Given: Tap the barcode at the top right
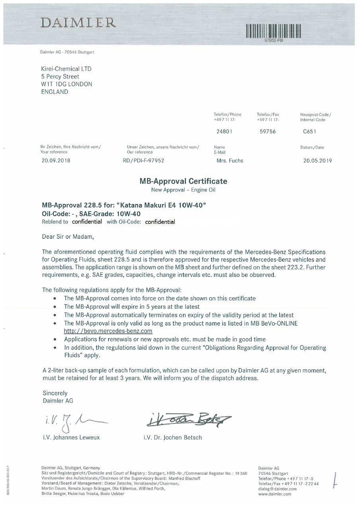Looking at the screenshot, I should pos(273,31).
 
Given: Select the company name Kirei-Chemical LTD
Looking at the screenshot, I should pos(67,69).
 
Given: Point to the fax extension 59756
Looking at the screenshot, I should pos(267,131).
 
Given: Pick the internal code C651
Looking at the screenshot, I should pos(309,131).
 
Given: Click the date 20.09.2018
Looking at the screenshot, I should pos(56,161).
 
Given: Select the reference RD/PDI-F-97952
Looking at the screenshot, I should pos(144,161).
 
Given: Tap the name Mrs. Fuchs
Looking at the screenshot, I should pos(230,161).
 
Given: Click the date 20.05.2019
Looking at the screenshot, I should pos(317,161).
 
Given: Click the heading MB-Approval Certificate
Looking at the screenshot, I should pos(183,181).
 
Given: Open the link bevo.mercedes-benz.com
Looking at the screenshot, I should pos(108,331).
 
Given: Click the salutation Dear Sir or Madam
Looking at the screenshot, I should pos(68,237).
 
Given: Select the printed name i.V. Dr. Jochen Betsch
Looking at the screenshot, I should pos(172,437).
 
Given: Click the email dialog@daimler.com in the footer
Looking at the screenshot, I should pos(277,489).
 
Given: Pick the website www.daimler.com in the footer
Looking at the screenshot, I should pos(274,494).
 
